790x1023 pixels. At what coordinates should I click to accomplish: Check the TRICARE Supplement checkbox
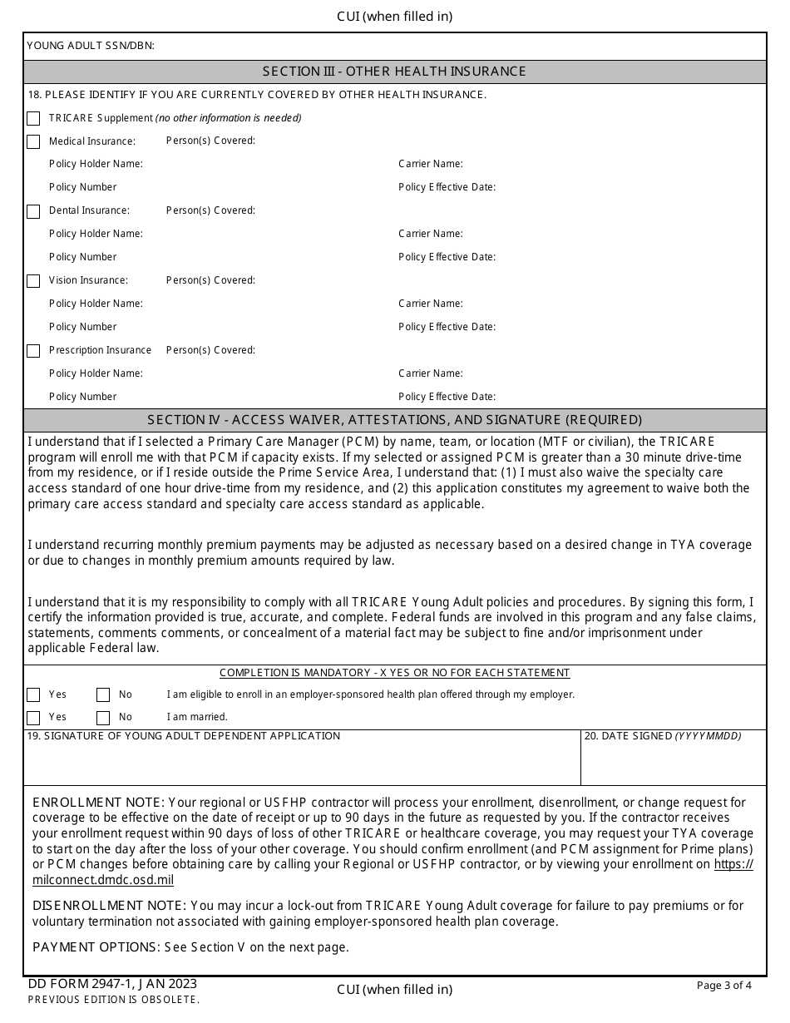pos(33,119)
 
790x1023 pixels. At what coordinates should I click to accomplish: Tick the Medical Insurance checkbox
pos(33,142)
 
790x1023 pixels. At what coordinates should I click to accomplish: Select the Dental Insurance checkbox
pos(33,212)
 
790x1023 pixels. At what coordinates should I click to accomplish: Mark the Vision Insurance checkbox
pos(33,282)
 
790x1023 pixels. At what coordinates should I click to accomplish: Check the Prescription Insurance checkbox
pos(33,351)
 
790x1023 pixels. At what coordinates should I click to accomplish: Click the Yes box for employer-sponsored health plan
pos(33,695)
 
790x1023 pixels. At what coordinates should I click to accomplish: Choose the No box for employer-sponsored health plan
pos(103,695)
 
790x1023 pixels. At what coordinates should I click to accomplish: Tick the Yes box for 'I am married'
pos(33,718)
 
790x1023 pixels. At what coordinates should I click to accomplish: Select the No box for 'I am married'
pos(103,718)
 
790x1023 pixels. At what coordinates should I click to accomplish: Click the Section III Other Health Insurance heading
pos(394,72)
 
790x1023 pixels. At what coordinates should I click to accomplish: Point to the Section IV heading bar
pos(394,420)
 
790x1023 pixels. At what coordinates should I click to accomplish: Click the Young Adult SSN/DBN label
pos(91,46)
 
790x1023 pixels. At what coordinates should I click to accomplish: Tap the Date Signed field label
pos(662,736)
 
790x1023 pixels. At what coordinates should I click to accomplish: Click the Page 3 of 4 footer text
pos(723,986)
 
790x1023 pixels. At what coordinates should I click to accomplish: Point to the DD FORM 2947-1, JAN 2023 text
pos(112,984)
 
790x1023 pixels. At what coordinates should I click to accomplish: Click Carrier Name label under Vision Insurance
pos(431,304)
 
